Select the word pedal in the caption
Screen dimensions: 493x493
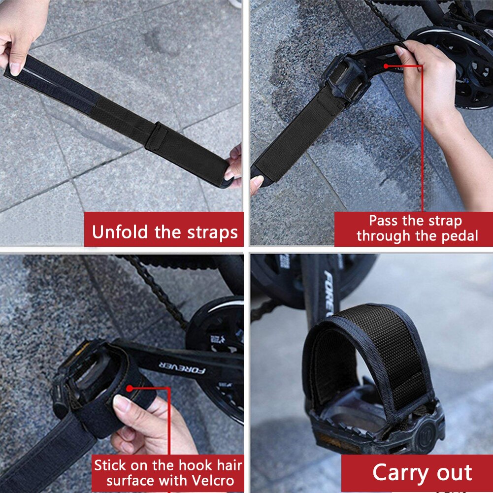(x=460, y=236)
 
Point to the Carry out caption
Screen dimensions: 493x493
(x=422, y=472)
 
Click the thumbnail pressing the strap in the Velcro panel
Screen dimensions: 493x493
(x=121, y=403)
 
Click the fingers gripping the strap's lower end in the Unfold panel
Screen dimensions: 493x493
(x=233, y=165)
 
